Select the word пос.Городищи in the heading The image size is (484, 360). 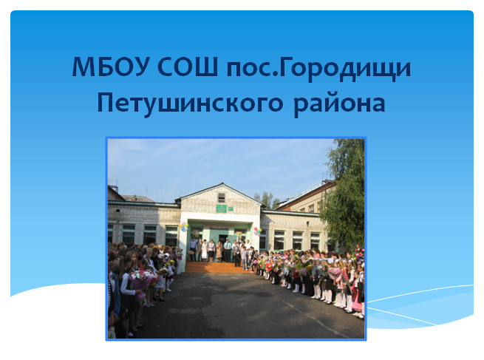[x=318, y=69]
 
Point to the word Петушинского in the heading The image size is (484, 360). [x=190, y=104]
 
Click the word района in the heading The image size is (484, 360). [x=339, y=104]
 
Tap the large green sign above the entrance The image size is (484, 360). [x=221, y=208]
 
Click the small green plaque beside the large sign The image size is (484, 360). [x=231, y=208]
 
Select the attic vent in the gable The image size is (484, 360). [x=222, y=197]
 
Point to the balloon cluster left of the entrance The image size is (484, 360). [x=183, y=226]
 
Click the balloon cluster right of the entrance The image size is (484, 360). [x=257, y=231]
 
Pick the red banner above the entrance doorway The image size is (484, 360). [x=218, y=226]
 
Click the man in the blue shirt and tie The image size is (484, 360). [x=227, y=251]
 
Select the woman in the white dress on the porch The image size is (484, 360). [x=205, y=251]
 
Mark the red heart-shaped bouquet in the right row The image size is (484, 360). [x=268, y=266]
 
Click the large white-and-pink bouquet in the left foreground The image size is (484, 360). [x=143, y=279]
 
